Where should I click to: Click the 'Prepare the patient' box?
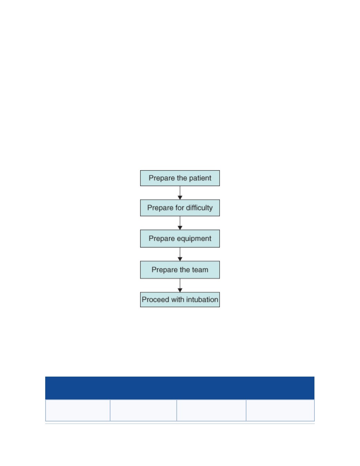tap(180, 178)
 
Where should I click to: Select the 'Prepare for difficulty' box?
tap(180, 207)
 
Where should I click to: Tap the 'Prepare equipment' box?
tap(180, 239)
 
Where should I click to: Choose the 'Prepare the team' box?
tap(180, 270)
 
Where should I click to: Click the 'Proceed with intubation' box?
tap(180, 299)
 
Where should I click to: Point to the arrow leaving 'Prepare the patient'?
tap(180, 193)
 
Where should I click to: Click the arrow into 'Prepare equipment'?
tap(180, 223)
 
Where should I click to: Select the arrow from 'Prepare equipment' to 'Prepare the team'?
tap(180, 254)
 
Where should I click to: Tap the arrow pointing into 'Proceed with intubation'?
tap(180, 285)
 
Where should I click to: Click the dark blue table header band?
tap(180, 388)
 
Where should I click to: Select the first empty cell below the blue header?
tap(78, 410)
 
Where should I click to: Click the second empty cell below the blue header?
tap(143, 410)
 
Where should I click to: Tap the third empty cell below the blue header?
tap(211, 410)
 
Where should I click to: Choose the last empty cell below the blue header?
tap(280, 410)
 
